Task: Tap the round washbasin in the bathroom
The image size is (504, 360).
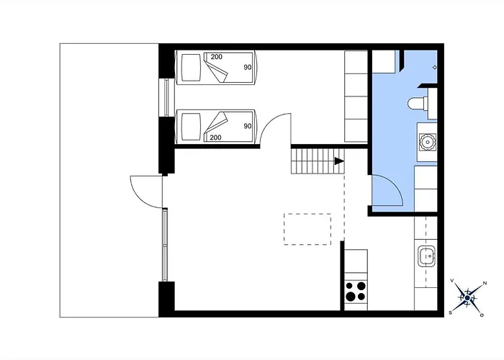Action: click(x=427, y=141)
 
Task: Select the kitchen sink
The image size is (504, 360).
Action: click(x=426, y=256)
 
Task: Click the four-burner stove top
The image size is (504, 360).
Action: click(x=356, y=291)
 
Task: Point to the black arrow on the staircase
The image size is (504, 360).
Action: click(x=339, y=161)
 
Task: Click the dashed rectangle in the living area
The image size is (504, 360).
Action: click(x=307, y=229)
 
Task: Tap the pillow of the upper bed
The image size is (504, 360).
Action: click(x=191, y=68)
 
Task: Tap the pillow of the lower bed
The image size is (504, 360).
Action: click(x=191, y=127)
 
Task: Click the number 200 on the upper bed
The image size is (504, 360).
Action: click(x=216, y=57)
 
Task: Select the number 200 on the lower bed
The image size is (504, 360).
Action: click(x=215, y=138)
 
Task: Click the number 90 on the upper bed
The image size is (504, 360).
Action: click(x=248, y=67)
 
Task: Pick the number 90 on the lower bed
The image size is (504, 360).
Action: click(x=248, y=126)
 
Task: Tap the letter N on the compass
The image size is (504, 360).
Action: click(x=485, y=283)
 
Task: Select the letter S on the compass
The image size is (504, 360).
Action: click(x=451, y=312)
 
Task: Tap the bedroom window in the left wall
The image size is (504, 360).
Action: click(x=166, y=97)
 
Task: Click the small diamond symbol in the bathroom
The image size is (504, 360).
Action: click(x=435, y=67)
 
